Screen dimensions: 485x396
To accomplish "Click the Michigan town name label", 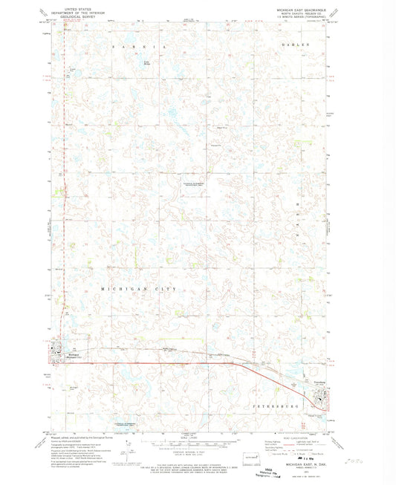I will pyautogui.click(x=63, y=345).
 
